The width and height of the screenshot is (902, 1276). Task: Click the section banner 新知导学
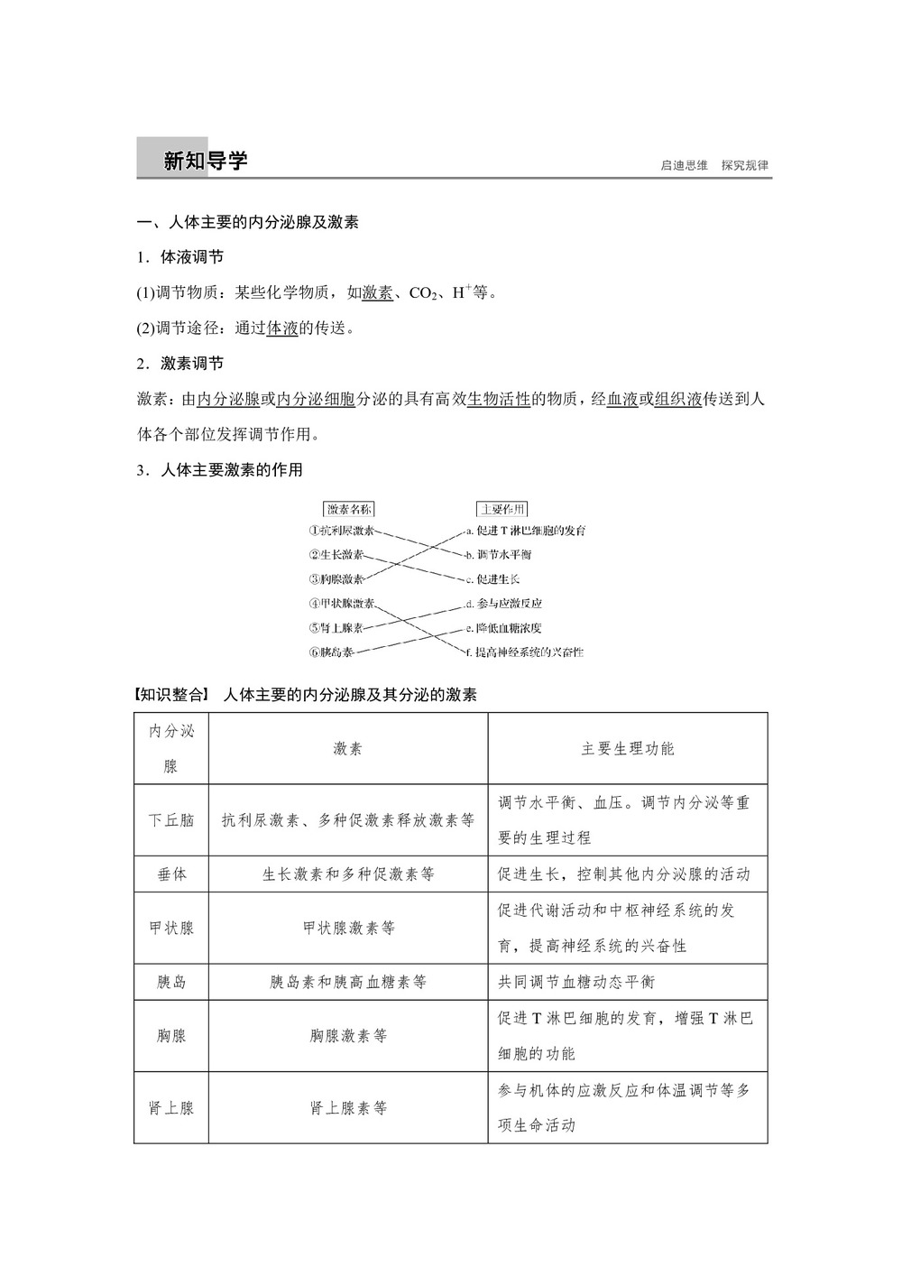pyautogui.click(x=205, y=162)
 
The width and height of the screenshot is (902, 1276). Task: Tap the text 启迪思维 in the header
pyautogui.click(x=684, y=165)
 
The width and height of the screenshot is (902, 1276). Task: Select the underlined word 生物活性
pyautogui.click(x=498, y=399)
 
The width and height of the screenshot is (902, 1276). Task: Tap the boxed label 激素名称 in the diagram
pyautogui.click(x=348, y=509)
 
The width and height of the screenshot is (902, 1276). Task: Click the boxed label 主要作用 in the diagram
pyautogui.click(x=502, y=509)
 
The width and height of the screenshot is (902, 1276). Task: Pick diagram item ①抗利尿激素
pyautogui.click(x=341, y=532)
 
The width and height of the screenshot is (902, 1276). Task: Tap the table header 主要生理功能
pyautogui.click(x=628, y=749)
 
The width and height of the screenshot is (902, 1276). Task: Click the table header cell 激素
pyautogui.click(x=348, y=749)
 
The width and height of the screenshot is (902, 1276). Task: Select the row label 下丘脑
pyautogui.click(x=171, y=820)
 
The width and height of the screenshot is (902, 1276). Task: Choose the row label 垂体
pyautogui.click(x=171, y=874)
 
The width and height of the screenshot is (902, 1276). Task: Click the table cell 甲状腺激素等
pyautogui.click(x=348, y=928)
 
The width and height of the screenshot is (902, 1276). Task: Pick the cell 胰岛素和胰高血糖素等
pyautogui.click(x=348, y=982)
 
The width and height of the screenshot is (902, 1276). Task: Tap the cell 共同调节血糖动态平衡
pyautogui.click(x=576, y=982)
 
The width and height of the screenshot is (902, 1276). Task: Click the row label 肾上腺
pyautogui.click(x=171, y=1108)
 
